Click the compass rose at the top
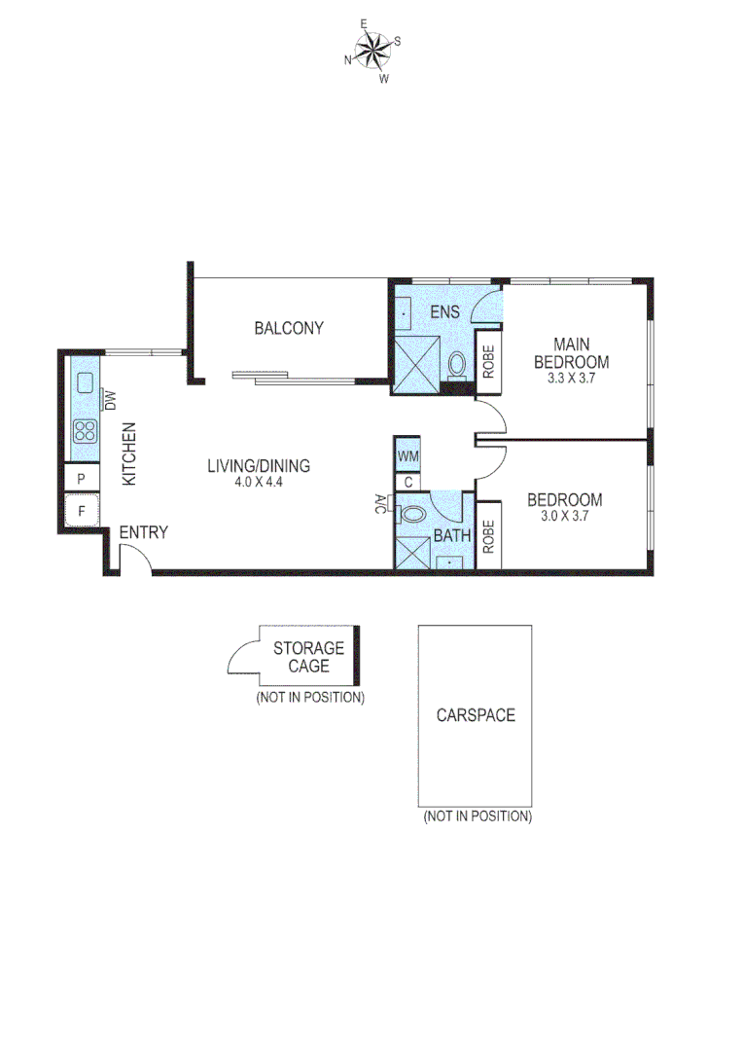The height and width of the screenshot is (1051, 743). pos(371,50)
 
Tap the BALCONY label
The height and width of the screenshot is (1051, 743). pos(289,328)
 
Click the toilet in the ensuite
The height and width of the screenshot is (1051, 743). pos(456,366)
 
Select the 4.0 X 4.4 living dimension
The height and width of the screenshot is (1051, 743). pos(259,483)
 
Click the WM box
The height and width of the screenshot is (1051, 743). pos(408,455)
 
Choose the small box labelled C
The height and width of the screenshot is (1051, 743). pos(408,481)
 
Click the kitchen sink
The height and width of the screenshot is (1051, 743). pos(85,380)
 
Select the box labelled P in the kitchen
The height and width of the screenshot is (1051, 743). pos(82,479)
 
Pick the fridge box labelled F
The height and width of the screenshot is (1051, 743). pos(82,510)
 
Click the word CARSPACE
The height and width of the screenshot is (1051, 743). pos(476,715)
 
